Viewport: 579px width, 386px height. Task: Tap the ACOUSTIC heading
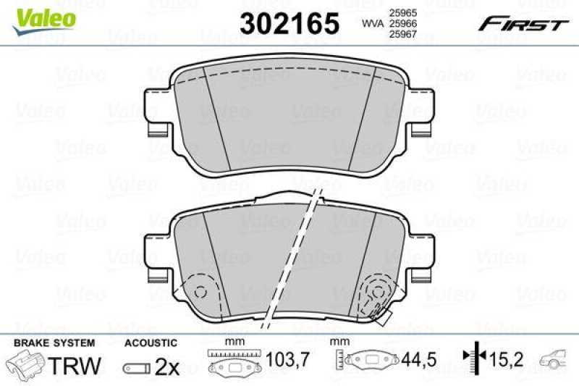[150, 343]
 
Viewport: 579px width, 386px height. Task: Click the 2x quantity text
[167, 366]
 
